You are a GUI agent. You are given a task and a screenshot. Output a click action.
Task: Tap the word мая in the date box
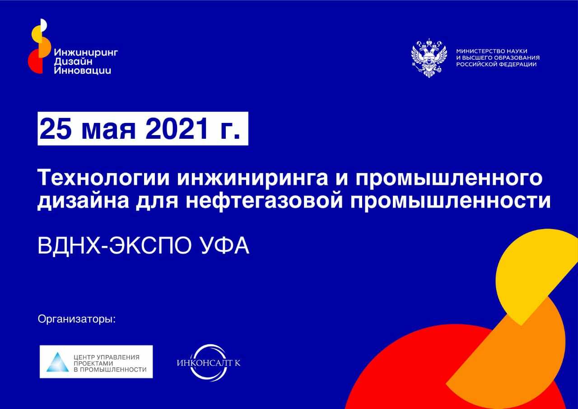coord(109,131)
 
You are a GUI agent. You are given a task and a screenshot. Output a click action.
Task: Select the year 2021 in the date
coord(177,128)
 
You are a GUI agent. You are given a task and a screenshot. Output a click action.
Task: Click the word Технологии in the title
coord(103,178)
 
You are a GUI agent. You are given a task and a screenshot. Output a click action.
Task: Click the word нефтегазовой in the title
coord(265,201)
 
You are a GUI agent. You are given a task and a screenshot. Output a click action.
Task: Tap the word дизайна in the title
coord(83,202)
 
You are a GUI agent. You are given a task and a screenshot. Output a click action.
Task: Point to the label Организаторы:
coord(77,319)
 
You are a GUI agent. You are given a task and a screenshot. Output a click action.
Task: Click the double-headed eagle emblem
coord(429,58)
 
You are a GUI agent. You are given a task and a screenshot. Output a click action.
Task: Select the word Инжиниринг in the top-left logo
coord(86,53)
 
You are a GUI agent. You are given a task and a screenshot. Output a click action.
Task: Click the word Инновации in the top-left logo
coord(83,71)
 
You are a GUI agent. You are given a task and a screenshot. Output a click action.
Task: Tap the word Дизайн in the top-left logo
coord(73,62)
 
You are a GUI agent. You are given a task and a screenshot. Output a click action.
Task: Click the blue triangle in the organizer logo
coord(57,362)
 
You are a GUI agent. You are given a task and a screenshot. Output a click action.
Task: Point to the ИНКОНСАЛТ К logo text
coord(209,363)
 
